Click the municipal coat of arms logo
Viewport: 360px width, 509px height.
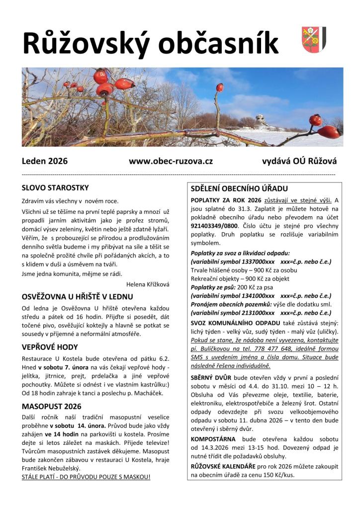coord(314,39)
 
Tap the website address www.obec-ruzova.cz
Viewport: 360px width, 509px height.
coord(171,161)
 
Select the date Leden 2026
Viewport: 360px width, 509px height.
coord(45,161)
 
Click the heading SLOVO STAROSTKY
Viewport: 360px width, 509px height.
coord(55,188)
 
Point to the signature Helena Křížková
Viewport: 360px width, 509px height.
coord(148,284)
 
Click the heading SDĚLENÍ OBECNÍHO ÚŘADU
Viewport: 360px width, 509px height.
coord(239,189)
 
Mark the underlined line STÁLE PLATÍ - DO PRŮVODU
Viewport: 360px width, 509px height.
coord(86,477)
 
